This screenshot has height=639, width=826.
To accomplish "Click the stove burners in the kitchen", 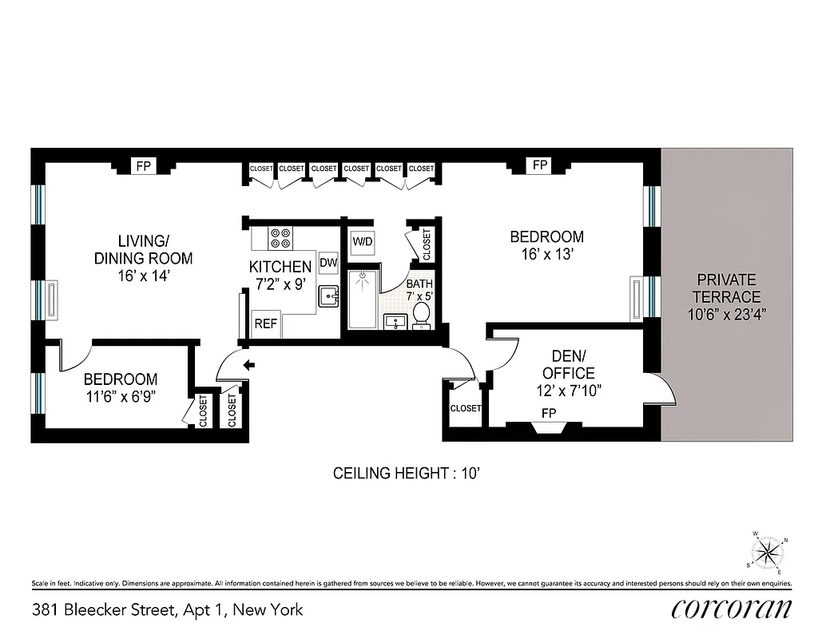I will [281, 238].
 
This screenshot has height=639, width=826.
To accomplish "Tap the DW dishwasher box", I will [328, 262].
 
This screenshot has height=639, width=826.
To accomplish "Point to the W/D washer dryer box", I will [363, 241].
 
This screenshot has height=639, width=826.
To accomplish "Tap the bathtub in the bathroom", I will [363, 299].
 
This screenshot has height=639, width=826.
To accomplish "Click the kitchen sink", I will [328, 297].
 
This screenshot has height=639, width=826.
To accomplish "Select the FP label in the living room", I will [144, 166].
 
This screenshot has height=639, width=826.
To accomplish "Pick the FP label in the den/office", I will [549, 413].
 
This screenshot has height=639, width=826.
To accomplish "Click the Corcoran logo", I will [731, 609].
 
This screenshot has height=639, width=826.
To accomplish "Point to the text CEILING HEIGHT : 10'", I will [405, 474].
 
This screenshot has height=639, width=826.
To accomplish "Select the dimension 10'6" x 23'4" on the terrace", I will [726, 315].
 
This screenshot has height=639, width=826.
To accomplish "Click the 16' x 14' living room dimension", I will [144, 276].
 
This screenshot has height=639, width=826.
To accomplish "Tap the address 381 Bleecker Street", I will [168, 610].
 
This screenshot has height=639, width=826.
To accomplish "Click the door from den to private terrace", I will [665, 389].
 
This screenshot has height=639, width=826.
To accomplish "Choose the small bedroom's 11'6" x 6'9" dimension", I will [120, 396].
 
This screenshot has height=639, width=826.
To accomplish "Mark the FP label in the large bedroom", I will [540, 165].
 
